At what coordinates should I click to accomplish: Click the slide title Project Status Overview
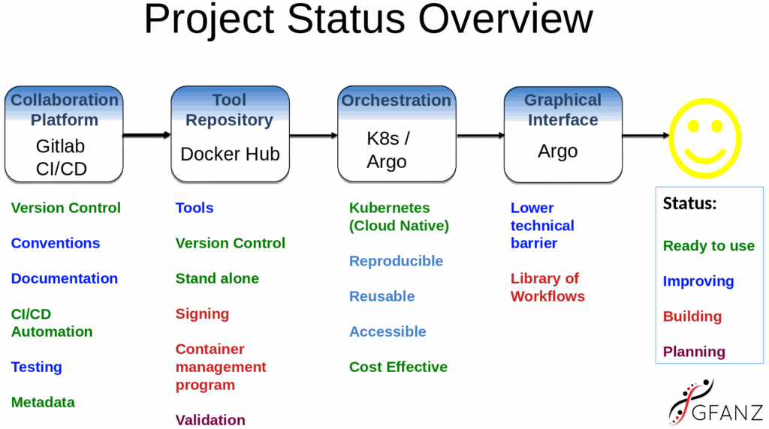click(x=368, y=19)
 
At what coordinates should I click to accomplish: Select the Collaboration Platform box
click(x=64, y=135)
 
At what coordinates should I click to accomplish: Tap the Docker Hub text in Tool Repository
click(x=230, y=154)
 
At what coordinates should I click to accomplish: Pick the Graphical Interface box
click(x=563, y=135)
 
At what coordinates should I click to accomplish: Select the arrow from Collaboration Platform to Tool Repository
click(x=147, y=135)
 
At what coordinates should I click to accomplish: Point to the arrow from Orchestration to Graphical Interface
click(x=480, y=136)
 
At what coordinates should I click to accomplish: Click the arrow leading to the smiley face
click(x=646, y=136)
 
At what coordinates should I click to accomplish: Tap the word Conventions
click(x=56, y=244)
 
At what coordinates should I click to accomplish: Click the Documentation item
click(x=65, y=279)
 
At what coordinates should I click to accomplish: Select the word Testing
click(x=36, y=367)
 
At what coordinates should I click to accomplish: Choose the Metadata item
click(x=43, y=403)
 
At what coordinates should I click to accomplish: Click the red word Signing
click(x=202, y=314)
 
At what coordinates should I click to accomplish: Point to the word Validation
click(x=210, y=420)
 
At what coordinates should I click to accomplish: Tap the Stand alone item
click(x=217, y=279)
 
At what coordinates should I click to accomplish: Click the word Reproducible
click(x=396, y=261)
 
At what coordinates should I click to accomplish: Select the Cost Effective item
click(x=398, y=367)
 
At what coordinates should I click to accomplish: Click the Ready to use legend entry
click(x=709, y=246)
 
